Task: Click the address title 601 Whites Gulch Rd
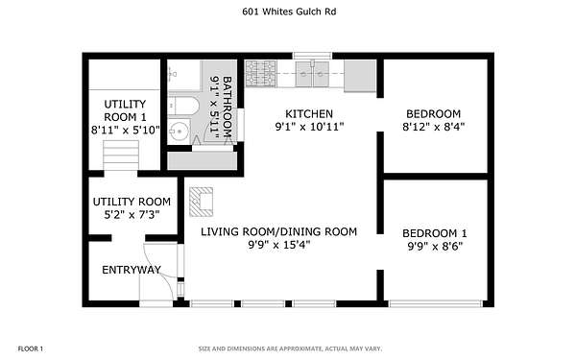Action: [x=289, y=12]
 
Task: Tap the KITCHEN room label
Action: [x=309, y=113]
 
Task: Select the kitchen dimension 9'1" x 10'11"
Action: [x=309, y=127]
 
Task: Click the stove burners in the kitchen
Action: [x=260, y=74]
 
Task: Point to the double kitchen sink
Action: [x=312, y=74]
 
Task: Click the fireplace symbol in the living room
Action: [x=201, y=202]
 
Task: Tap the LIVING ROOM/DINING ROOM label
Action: [x=278, y=231]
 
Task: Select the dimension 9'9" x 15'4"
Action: [x=278, y=245]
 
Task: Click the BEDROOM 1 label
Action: [x=435, y=233]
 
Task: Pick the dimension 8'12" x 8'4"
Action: [x=434, y=127]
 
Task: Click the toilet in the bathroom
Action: [x=183, y=106]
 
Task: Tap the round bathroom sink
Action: [x=179, y=131]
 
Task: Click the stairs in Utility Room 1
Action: [x=121, y=156]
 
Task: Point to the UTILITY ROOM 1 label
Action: [x=125, y=110]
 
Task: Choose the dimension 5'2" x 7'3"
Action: [x=132, y=215]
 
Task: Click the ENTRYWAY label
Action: [x=132, y=270]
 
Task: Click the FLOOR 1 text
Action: [x=31, y=348]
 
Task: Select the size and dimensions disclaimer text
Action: [x=290, y=348]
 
